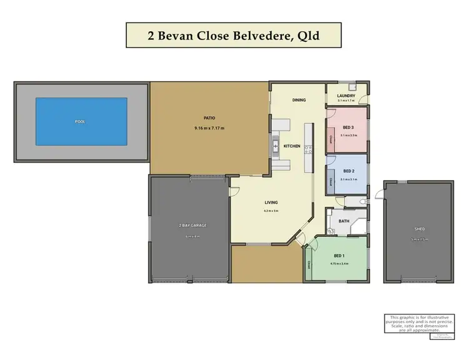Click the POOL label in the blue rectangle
pyautogui.click(x=80, y=122)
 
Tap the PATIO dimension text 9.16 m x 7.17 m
pyautogui.click(x=209, y=128)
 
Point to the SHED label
pyautogui.click(x=411, y=229)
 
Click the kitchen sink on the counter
pyautogui.click(x=275, y=146)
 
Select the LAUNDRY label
pyautogui.click(x=346, y=96)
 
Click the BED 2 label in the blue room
pyautogui.click(x=348, y=171)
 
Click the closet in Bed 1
pyautogui.click(x=309, y=265)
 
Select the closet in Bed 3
pyautogui.click(x=330, y=139)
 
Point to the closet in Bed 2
pyautogui.click(x=330, y=181)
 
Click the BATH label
pyautogui.click(x=344, y=221)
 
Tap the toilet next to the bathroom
pyautogui.click(x=363, y=201)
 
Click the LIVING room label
pyautogui.click(x=271, y=202)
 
